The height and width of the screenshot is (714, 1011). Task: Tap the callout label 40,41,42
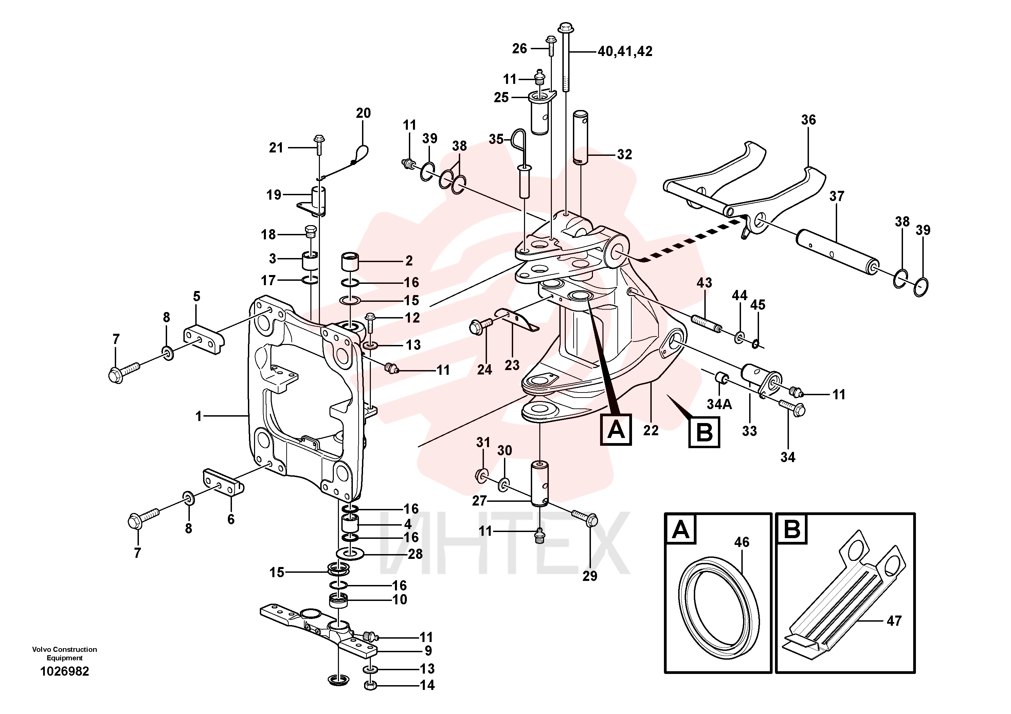[x=625, y=52]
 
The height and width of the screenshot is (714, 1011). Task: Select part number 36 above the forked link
[x=809, y=120]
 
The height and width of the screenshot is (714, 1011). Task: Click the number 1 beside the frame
[x=199, y=416]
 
